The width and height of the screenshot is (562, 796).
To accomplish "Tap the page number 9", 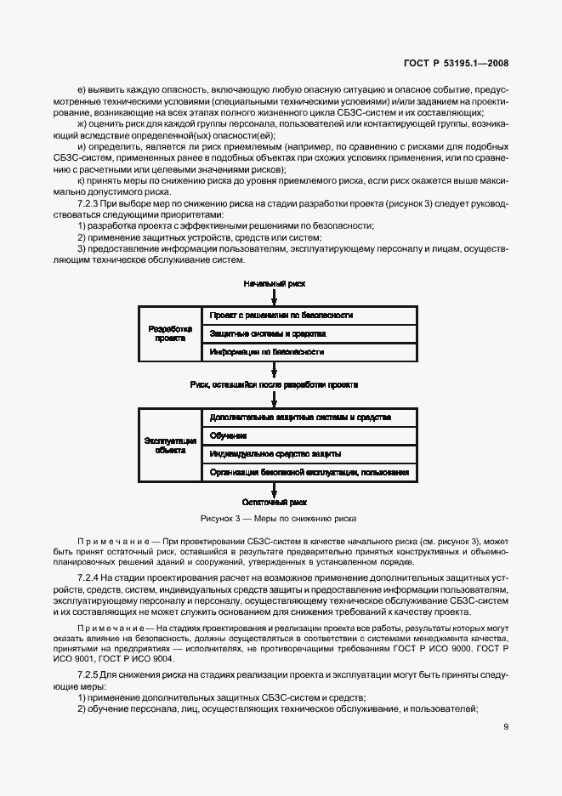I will coord(505,727).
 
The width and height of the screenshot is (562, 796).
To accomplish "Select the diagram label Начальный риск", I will coord(274,282).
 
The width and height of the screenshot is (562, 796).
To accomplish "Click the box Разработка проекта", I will coord(169,333).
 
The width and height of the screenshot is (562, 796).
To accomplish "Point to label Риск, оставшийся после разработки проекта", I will coord(274,384).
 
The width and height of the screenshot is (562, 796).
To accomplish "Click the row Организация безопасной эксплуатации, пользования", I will coord(309,472).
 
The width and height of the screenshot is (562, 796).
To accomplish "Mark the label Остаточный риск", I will coord(273,503).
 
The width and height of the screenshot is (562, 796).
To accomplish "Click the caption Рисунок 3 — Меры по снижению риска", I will coord(278,518).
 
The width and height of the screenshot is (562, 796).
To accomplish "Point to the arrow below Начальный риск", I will coord(274,296).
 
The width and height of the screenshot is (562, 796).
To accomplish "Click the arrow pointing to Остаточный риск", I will coord(274,488).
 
